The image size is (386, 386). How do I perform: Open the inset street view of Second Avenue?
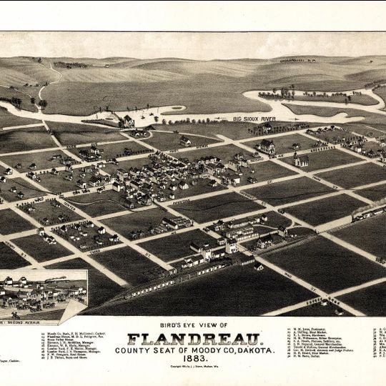[44, 294]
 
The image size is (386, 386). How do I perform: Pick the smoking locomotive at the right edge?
[368, 210]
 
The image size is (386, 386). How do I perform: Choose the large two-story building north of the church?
[267, 146]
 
